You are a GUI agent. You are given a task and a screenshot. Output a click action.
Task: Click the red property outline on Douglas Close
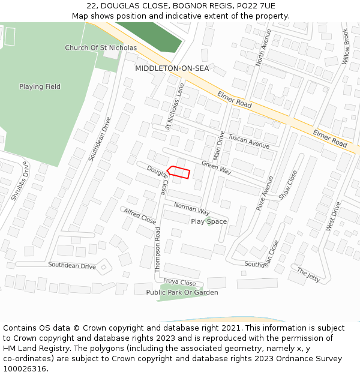(x=179, y=172)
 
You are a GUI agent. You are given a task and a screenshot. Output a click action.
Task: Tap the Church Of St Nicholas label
(x=101, y=47)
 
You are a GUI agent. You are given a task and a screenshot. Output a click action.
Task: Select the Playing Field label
(x=40, y=86)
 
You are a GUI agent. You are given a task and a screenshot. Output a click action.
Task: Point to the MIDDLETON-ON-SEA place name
(x=172, y=68)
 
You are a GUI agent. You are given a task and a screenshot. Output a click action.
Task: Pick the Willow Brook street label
(x=346, y=47)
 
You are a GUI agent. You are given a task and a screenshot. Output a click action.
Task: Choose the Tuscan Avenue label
(x=249, y=141)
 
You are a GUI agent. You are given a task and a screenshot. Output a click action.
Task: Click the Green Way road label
(x=216, y=167)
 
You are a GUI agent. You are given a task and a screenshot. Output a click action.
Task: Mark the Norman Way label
(x=191, y=209)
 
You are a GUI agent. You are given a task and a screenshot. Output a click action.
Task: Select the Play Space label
(x=209, y=221)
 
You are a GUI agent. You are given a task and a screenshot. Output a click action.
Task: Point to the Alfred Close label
(x=140, y=216)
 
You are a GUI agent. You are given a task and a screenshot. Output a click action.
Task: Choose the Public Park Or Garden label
(x=182, y=292)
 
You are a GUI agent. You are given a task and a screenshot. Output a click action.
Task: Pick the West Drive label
(x=333, y=217)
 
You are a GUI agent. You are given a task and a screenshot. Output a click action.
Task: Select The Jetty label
(x=308, y=275)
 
